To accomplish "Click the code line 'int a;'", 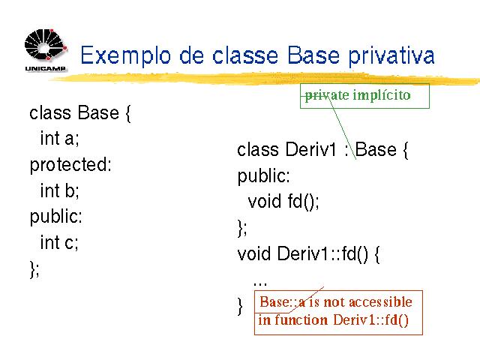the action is pos(60,138).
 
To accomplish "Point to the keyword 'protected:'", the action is pos(70,165).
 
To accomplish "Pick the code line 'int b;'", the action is pos(60,190).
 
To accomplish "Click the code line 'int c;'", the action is pos(59,242).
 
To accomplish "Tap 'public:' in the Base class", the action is pos(56,217).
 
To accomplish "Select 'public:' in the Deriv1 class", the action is pos(263,176).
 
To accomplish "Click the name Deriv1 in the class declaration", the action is pos(310,150).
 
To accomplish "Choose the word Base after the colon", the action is pos(376,150).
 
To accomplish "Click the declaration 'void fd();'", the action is pos(283,202).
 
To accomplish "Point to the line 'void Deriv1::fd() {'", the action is pos(308,254).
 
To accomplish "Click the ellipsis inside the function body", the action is pos(260,283).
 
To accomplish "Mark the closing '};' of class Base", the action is pos(34,269).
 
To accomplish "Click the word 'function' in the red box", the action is pos(301,320).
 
